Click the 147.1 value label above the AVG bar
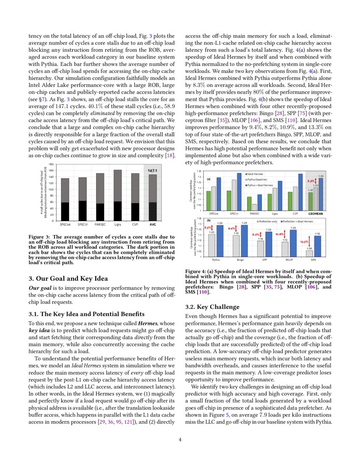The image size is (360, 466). click(x=152, y=170)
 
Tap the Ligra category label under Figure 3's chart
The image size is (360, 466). click(x=118, y=224)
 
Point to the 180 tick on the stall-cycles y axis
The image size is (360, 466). click(x=51, y=164)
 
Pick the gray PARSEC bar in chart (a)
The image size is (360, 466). click(x=254, y=207)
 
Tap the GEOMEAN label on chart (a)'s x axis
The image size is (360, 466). click(x=315, y=214)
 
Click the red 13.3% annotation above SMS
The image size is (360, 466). click(x=304, y=241)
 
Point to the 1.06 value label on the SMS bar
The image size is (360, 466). click(x=310, y=248)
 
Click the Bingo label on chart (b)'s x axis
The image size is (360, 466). click(x=240, y=259)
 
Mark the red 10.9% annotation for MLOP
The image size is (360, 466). click(x=280, y=234)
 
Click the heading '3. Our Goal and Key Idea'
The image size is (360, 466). click(x=68, y=278)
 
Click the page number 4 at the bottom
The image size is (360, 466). click(x=180, y=439)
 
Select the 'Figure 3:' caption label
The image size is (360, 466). click(x=39, y=237)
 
